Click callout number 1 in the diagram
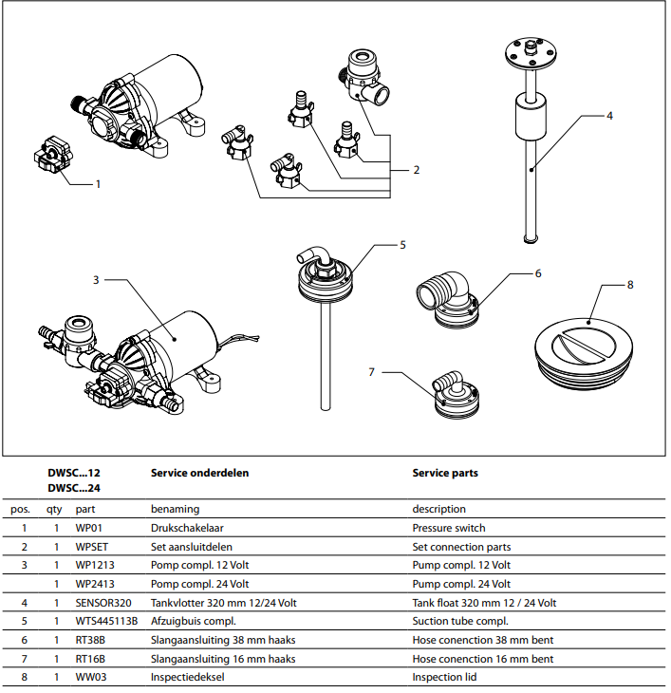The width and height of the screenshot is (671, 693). pos(97,182)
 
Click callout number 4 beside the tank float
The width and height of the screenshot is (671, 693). pos(610,115)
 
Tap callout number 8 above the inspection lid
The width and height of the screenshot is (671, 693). pos(630,284)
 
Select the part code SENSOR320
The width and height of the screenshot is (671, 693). pos(103,603)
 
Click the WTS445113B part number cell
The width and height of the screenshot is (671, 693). pos(106,621)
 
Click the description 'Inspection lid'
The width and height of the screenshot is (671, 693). pos(444,677)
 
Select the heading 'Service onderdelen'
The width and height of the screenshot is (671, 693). pos(199,473)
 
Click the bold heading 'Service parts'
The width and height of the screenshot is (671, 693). pos(445,473)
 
